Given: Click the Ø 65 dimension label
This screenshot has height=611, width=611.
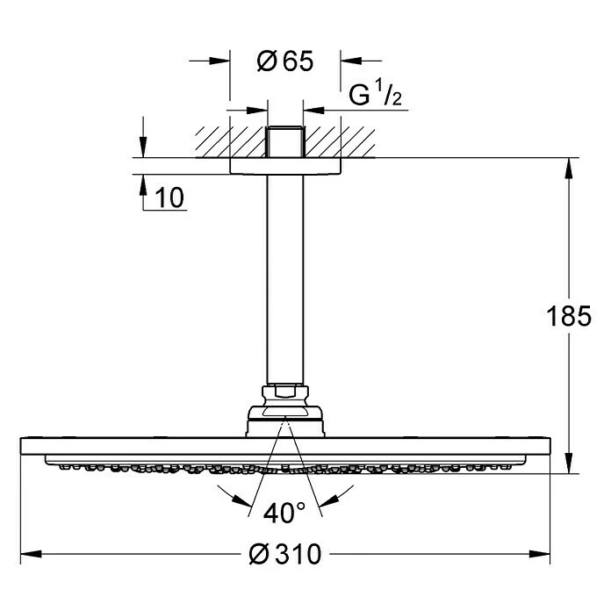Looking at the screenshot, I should (285, 61).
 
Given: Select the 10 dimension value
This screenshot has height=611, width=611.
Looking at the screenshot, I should (171, 198).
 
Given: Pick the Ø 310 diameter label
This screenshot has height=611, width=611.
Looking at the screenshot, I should (285, 554).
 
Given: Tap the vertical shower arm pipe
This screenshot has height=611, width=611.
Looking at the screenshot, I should (285, 281).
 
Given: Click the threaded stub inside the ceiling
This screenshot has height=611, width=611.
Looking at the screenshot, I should (285, 142).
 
